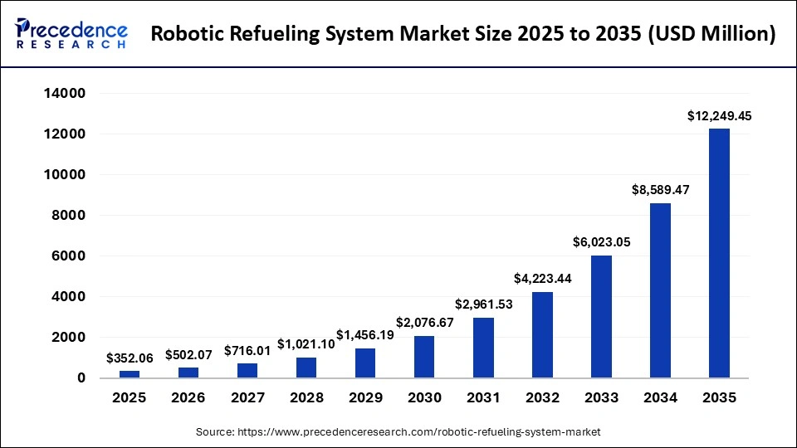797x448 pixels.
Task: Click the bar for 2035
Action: pos(719,253)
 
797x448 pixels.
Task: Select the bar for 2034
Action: pos(660,290)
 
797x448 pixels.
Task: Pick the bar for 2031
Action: pos(483,348)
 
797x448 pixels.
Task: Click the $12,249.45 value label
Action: pos(720,117)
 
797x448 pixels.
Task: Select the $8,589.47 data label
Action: pos(660,191)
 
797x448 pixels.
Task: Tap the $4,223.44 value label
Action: pos(542,280)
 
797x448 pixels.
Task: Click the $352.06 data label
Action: pos(130,358)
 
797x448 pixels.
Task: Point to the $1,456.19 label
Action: pos(365,336)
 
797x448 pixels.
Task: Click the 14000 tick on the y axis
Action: pos(65,94)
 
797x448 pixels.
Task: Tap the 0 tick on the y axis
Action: pos(81,378)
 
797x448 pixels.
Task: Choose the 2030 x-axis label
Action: pos(424,397)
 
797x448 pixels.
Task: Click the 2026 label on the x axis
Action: pos(188,397)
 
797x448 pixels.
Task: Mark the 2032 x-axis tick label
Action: pos(542,397)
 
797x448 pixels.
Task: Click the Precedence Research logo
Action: pos(71,34)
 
